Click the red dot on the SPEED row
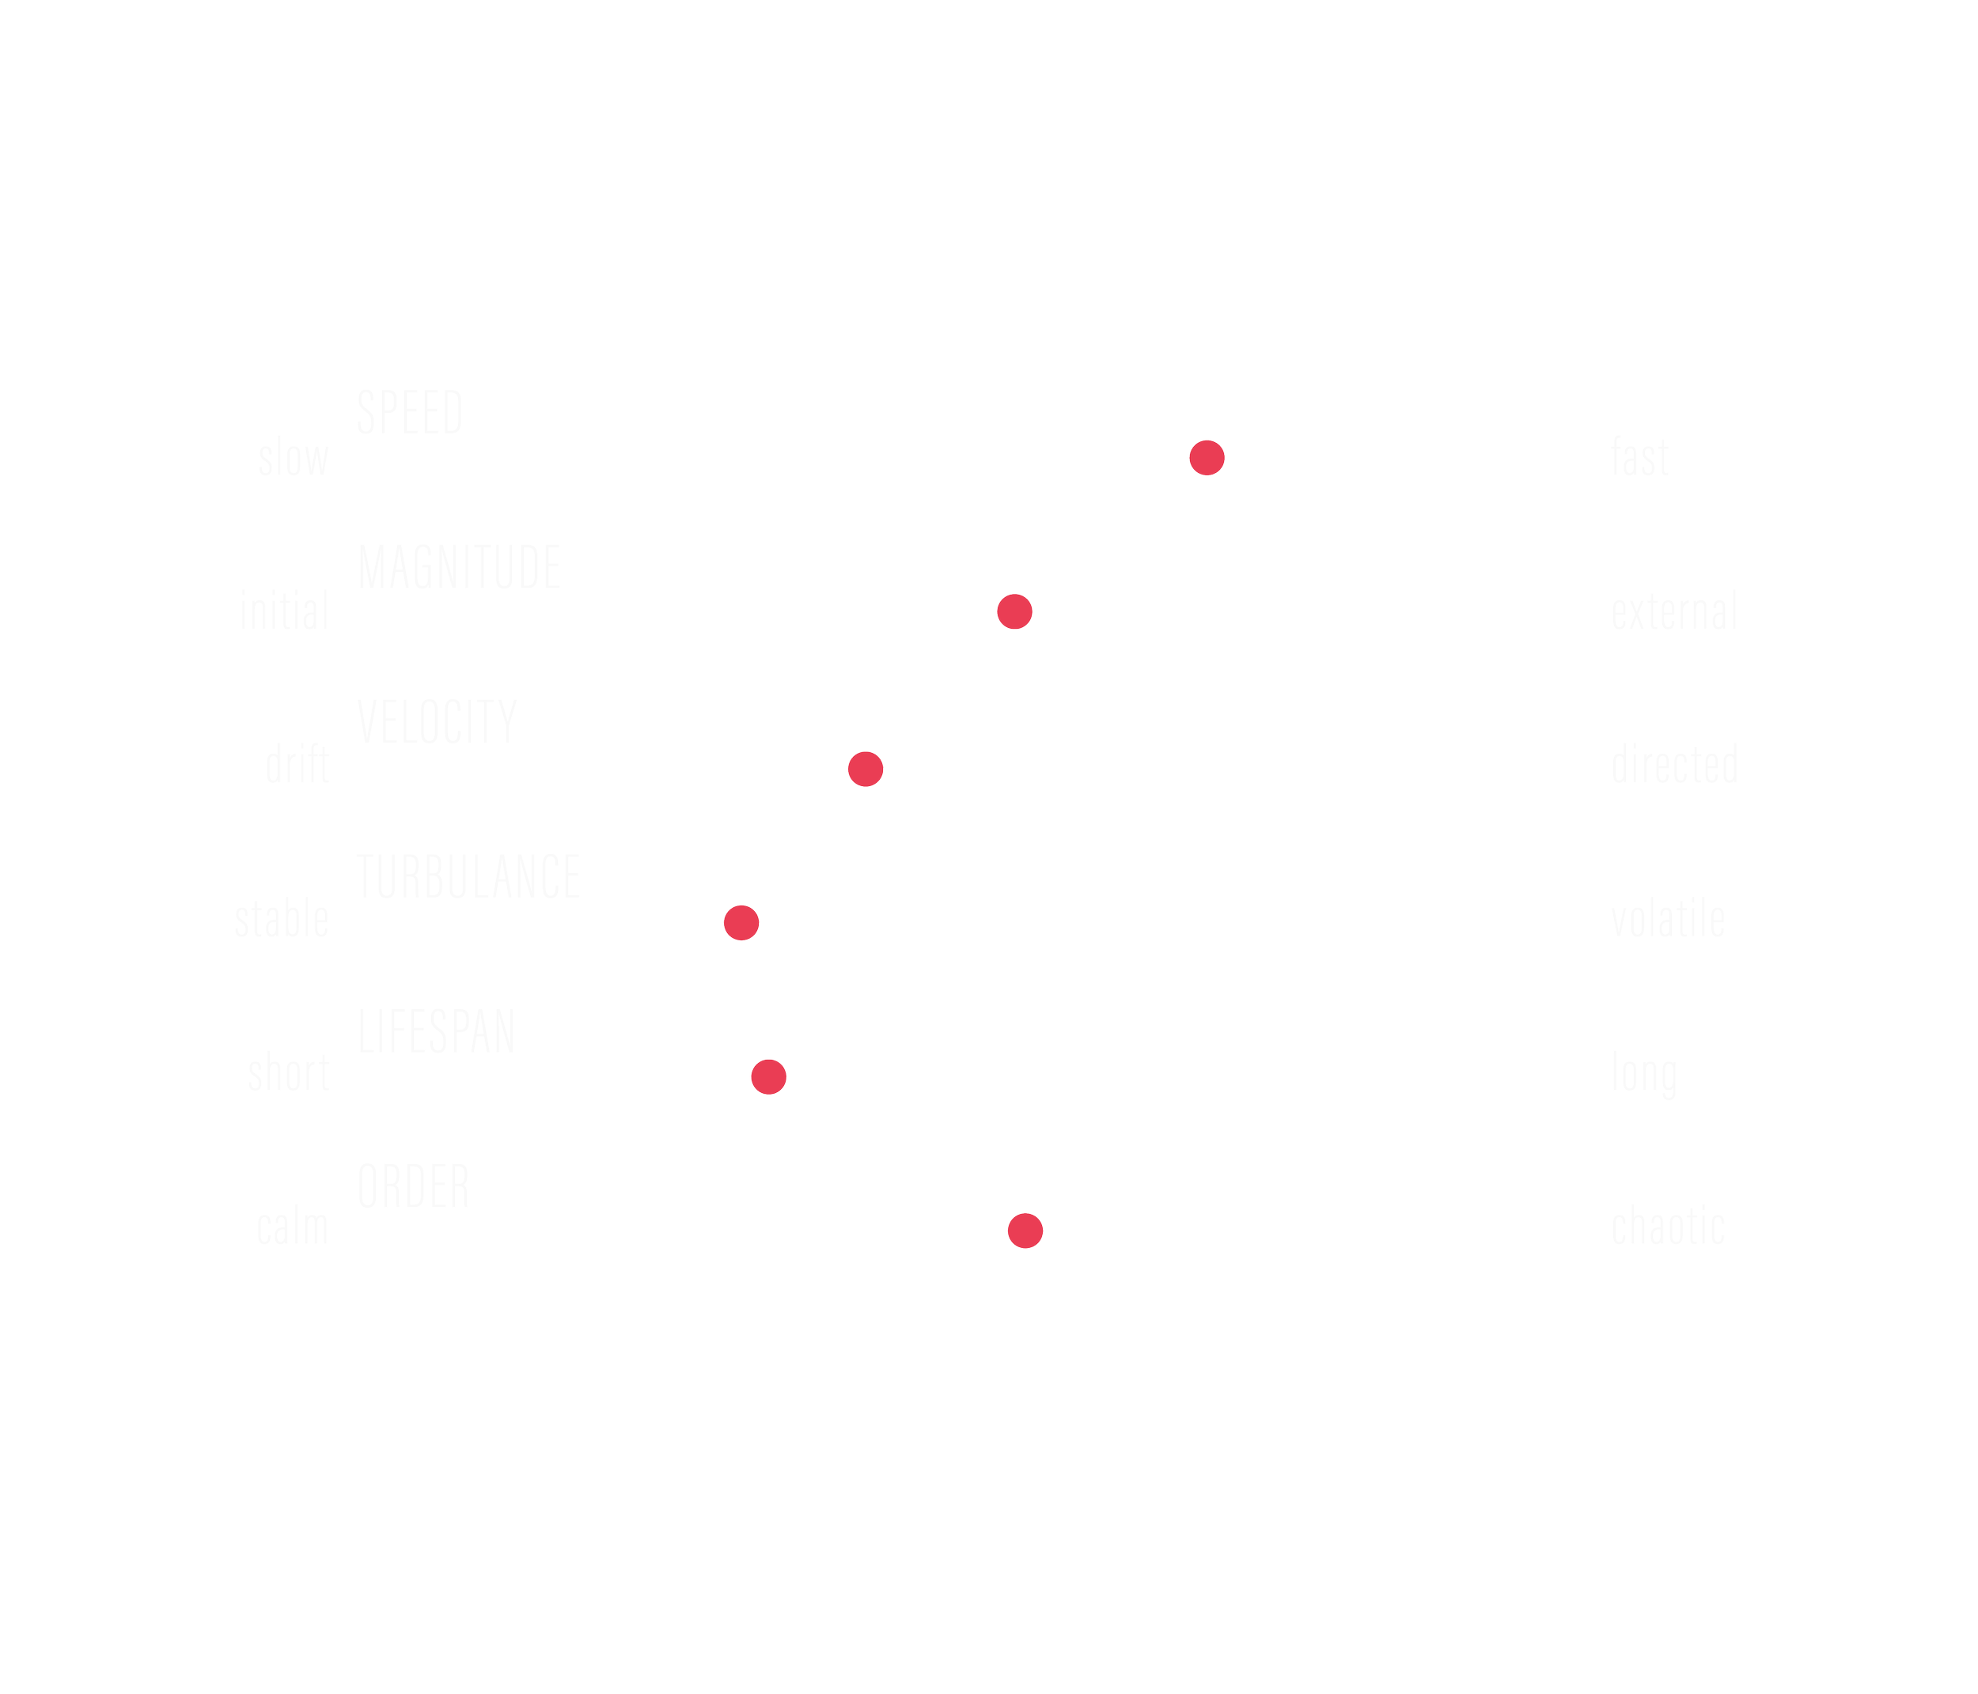[1207, 458]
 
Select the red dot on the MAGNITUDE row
[1014, 612]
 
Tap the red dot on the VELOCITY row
[865, 769]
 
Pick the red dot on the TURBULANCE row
[741, 923]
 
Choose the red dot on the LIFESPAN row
[768, 1076]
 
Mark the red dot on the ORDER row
[1025, 1231]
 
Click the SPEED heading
[410, 414]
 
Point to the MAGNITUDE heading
[459, 567]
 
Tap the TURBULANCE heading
[468, 876]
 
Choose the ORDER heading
[413, 1185]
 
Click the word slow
[293, 457]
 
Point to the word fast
[1640, 457]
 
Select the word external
[1674, 612]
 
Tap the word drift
[297, 766]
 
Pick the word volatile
[1668, 920]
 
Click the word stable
[282, 920]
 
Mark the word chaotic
[1668, 1227]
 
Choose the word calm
[292, 1227]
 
